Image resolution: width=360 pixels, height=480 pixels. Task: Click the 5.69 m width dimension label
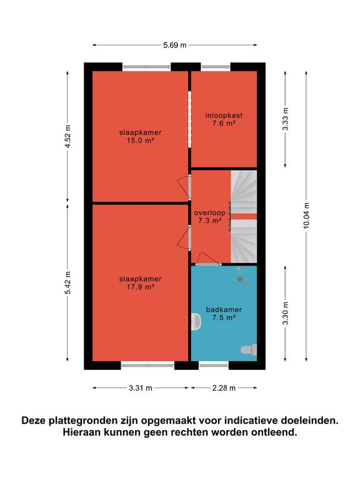pyautogui.click(x=174, y=45)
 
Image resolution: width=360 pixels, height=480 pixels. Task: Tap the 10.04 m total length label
pyautogui.click(x=306, y=215)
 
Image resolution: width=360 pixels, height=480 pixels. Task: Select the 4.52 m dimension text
pyautogui.click(x=67, y=136)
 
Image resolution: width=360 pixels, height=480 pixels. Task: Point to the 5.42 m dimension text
pyautogui.click(x=67, y=282)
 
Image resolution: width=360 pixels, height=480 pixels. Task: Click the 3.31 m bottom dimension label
pyautogui.click(x=140, y=388)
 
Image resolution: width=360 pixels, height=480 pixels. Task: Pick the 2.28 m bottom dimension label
pyautogui.click(x=224, y=388)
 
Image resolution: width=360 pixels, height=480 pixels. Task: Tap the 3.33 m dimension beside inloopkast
pyautogui.click(x=285, y=119)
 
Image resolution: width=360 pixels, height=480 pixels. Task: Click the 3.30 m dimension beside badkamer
pyautogui.click(x=285, y=313)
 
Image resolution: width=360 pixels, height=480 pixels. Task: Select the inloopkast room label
pyautogui.click(x=224, y=116)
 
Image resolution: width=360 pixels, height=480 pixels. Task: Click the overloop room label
pyautogui.click(x=210, y=212)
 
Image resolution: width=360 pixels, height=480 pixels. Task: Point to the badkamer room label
pyautogui.click(x=224, y=309)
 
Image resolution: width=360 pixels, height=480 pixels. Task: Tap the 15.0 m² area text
pyautogui.click(x=140, y=141)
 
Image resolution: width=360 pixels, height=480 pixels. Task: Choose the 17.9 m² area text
pyautogui.click(x=140, y=287)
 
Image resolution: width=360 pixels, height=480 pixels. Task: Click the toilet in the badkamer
pyautogui.click(x=249, y=349)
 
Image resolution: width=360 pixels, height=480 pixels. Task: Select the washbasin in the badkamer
pyautogui.click(x=196, y=322)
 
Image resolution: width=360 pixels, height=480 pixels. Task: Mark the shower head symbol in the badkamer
pyautogui.click(x=240, y=273)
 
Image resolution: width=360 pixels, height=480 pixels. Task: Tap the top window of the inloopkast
pyautogui.click(x=216, y=67)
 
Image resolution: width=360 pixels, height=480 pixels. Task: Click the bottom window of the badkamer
pyautogui.click(x=214, y=365)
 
